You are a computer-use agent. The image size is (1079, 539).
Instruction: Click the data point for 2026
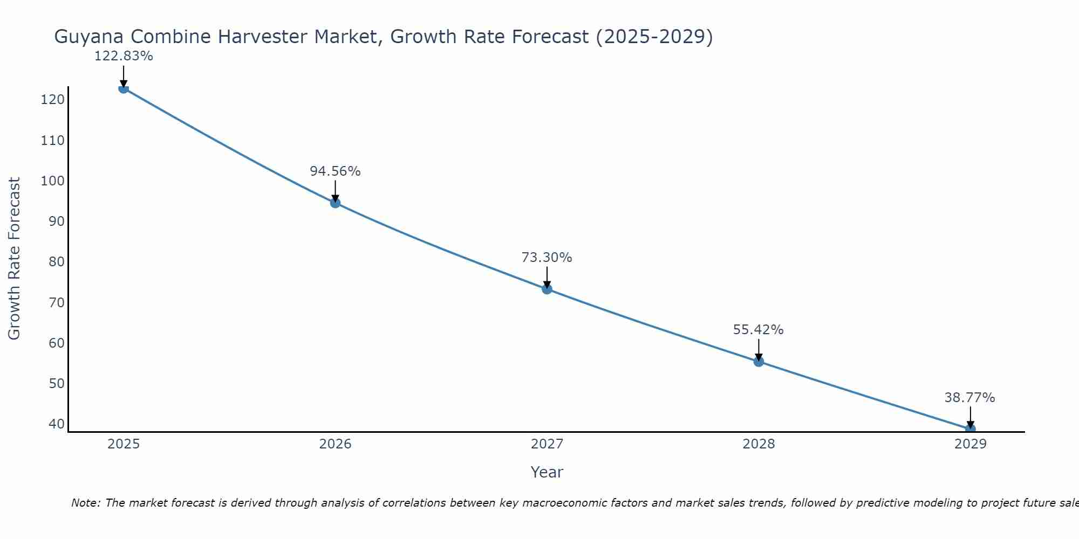pos(335,203)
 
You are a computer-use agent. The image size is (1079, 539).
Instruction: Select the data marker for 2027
pos(547,289)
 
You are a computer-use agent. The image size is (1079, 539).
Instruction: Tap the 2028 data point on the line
pos(759,361)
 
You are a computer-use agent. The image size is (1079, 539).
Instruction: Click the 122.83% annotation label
pos(124,56)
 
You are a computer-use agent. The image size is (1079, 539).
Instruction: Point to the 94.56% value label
pos(335,171)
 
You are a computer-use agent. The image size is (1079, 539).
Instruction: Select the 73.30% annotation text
pos(547,258)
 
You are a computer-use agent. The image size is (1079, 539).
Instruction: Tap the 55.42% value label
pos(758,330)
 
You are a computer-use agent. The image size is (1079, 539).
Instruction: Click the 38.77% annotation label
pos(969,398)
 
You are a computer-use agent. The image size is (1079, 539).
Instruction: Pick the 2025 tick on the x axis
pos(124,444)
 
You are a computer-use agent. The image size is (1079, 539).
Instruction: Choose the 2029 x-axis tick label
pos(970,444)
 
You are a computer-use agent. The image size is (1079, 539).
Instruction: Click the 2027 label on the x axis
pos(547,444)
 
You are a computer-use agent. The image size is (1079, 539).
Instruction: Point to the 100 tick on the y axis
pos(53,181)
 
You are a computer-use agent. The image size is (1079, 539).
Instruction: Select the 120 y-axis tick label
pos(53,100)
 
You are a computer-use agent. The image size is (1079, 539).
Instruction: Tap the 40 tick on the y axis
pos(56,424)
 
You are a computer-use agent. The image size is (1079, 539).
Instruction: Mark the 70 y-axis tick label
pos(56,302)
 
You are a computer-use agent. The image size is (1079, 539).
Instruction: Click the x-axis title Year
pos(547,472)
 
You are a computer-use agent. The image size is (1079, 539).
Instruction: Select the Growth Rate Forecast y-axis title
pos(15,259)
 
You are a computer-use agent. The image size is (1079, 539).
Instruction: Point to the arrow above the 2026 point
pos(335,190)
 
